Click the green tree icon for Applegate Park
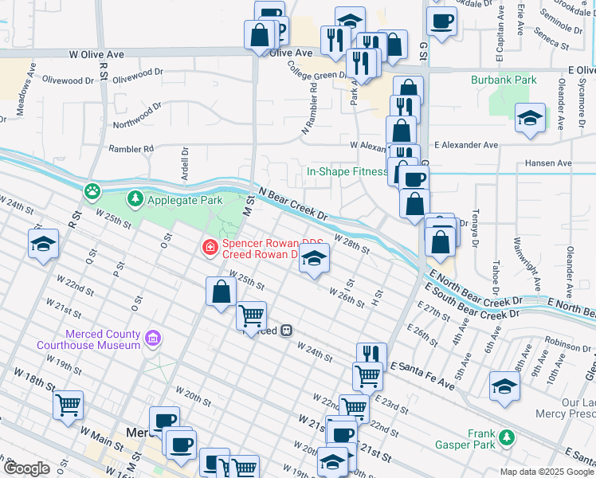(136, 198)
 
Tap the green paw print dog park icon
(93, 190)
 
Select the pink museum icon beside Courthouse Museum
(152, 340)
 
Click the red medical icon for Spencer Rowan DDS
(210, 248)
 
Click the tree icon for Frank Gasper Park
(504, 437)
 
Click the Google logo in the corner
(25, 468)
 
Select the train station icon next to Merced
(284, 330)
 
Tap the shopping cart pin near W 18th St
(68, 404)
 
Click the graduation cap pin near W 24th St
(43, 244)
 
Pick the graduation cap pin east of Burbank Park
(531, 118)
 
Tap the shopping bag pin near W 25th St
(221, 292)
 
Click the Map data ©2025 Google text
(546, 472)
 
